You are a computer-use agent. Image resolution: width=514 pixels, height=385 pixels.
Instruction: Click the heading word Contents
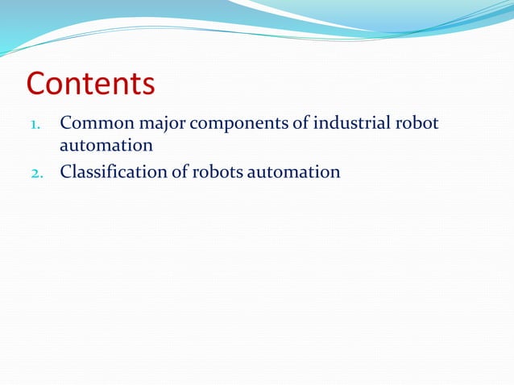point(90,85)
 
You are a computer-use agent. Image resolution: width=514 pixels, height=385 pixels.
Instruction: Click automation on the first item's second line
point(106,147)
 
